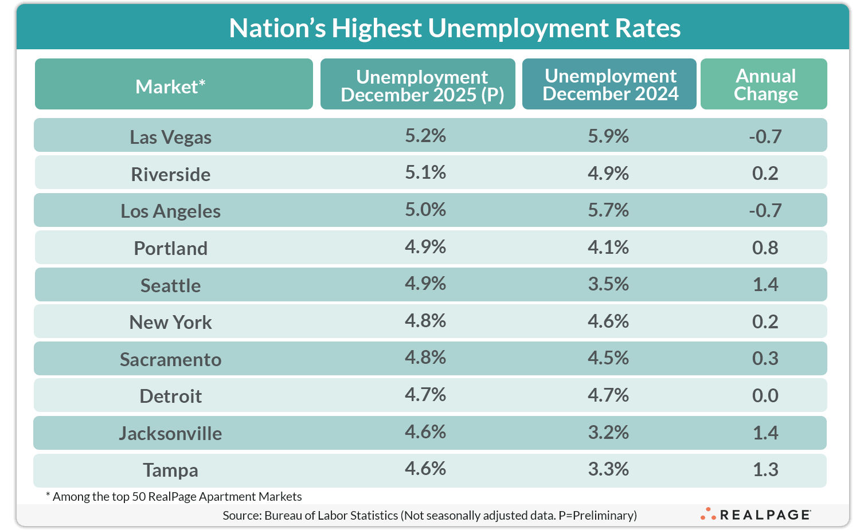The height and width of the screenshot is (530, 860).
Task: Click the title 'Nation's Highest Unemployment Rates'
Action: (x=455, y=28)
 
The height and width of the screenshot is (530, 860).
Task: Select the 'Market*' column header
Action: (x=170, y=87)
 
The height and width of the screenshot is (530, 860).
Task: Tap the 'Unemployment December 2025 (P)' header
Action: (x=423, y=85)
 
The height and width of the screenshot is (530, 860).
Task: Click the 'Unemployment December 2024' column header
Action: (x=610, y=85)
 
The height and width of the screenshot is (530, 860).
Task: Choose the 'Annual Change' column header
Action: (x=765, y=85)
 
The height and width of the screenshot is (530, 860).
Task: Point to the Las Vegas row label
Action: (x=170, y=138)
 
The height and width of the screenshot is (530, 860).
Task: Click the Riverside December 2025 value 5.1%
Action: (x=425, y=172)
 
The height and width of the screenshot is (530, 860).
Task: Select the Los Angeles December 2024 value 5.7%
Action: (x=608, y=210)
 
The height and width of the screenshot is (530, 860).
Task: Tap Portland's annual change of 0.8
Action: (x=765, y=248)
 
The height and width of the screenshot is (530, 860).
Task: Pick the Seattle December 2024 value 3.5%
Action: (x=608, y=284)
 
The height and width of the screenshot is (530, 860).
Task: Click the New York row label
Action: (x=170, y=322)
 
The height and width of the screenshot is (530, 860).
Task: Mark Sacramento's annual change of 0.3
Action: (x=765, y=358)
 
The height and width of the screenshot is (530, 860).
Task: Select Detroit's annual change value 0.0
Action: (x=765, y=395)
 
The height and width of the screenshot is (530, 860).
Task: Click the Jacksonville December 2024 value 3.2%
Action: (x=608, y=432)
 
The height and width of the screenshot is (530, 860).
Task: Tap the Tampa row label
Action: (x=170, y=470)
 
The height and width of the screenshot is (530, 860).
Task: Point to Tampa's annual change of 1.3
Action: (x=765, y=469)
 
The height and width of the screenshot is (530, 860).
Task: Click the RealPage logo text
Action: (x=764, y=515)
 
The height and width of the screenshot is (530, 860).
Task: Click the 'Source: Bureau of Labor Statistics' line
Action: (x=429, y=515)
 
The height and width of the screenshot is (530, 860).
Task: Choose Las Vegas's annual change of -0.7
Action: (x=765, y=136)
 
